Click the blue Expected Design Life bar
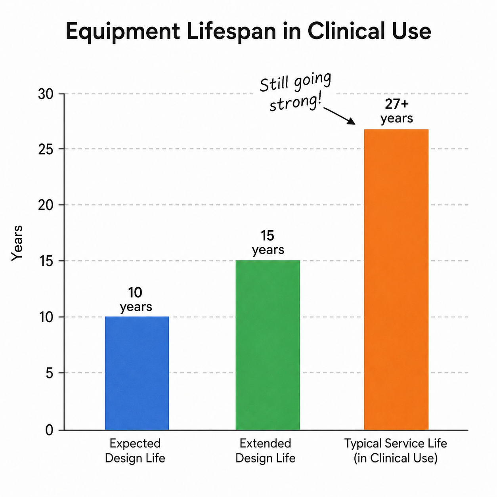137,373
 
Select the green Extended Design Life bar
268,345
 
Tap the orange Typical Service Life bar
396,279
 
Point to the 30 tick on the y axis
46,94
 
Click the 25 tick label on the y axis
46,149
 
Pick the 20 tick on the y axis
46,205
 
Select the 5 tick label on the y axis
50,373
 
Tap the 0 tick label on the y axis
50,430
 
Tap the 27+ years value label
397,111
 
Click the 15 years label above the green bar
268,243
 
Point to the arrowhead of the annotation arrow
352,121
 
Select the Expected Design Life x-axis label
135,451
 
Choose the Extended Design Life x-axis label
266,451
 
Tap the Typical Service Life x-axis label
396,451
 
